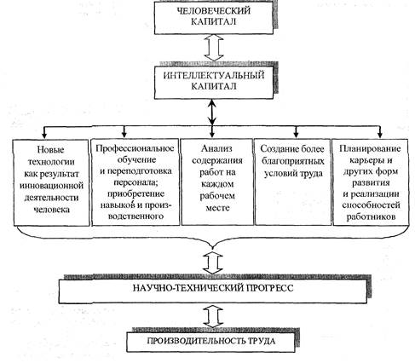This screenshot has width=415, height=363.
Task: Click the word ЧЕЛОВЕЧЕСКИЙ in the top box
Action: [214, 11]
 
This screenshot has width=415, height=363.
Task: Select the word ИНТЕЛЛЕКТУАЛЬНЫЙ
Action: [214, 76]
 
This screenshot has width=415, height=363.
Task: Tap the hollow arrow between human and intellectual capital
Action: [214, 48]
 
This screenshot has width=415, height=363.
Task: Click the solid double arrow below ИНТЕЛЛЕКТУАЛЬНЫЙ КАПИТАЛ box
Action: [212, 112]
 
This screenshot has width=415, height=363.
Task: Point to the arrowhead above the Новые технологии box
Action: [44, 135]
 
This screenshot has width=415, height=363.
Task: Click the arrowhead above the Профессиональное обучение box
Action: [124, 134]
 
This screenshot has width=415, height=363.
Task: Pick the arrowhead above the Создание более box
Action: [297, 135]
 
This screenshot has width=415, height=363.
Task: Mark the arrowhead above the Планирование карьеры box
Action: [380, 135]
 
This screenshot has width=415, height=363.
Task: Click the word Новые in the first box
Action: [51, 149]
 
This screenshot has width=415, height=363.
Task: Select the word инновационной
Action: [51, 186]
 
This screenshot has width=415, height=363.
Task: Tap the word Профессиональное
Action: [135, 148]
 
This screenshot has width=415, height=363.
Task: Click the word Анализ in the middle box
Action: [216, 148]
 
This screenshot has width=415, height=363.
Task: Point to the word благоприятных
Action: [293, 161]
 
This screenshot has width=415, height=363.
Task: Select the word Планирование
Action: [370, 148]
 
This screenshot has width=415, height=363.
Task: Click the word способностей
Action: [371, 205]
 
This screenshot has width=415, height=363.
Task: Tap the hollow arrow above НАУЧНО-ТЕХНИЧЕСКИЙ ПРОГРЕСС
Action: [213, 262]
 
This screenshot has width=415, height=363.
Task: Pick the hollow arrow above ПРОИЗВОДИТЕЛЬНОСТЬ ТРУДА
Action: [213, 316]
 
